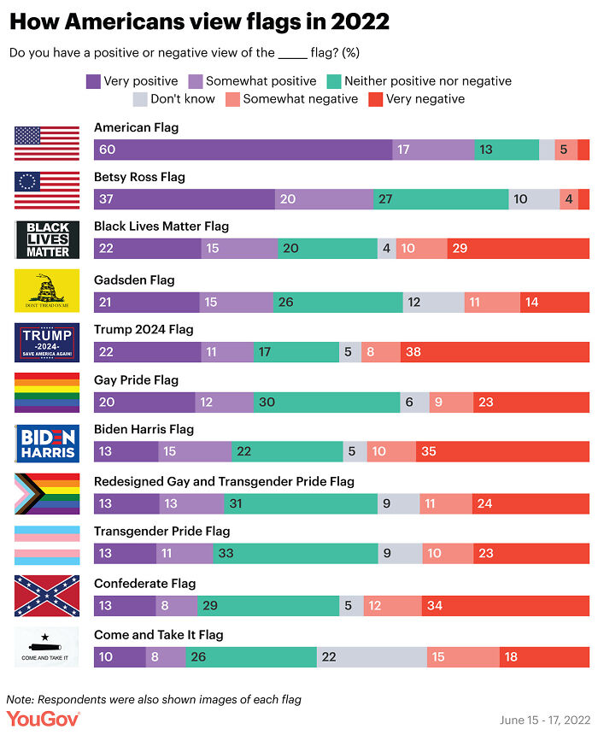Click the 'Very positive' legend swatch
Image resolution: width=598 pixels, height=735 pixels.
(93, 81)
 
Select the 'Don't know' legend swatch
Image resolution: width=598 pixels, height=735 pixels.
(140, 99)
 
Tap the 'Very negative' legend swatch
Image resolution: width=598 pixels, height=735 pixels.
(375, 99)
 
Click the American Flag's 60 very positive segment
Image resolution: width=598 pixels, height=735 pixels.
(243, 150)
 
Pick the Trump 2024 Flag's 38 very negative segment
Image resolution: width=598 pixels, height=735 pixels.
(495, 350)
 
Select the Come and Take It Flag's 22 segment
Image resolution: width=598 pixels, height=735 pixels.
(372, 656)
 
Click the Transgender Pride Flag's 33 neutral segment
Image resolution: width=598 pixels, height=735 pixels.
(295, 553)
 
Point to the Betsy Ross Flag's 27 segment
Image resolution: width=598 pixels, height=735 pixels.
(442, 199)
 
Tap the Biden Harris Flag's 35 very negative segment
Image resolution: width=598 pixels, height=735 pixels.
(502, 451)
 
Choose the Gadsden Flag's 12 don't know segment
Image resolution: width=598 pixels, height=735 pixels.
(433, 302)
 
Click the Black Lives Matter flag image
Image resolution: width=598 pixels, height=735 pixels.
(47, 240)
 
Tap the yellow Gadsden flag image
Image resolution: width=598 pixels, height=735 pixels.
(47, 291)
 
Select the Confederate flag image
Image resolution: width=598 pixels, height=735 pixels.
(47, 596)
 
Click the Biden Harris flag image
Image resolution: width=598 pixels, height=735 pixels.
(47, 443)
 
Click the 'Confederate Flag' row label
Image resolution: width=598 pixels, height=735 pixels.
(144, 584)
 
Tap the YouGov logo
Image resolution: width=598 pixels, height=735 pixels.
(43, 720)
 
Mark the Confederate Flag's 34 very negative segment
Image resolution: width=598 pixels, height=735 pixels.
(505, 605)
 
